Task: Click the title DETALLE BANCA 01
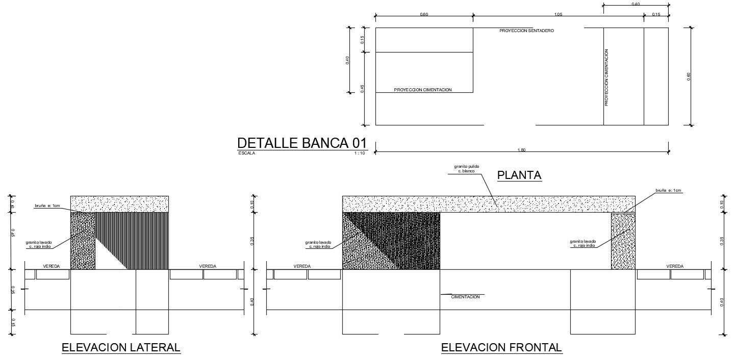(x=302, y=143)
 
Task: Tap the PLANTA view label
(x=519, y=175)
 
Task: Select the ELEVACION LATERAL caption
(x=121, y=348)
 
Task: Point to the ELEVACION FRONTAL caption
(x=501, y=348)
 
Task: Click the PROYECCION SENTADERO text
(x=526, y=31)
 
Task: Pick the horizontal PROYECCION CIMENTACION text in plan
(x=423, y=90)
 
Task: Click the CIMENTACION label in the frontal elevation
(x=465, y=297)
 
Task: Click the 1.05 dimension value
(x=557, y=15)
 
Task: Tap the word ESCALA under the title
(x=246, y=153)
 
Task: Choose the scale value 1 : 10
(x=360, y=153)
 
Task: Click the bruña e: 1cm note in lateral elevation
(x=47, y=205)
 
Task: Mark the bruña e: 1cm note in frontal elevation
(x=668, y=190)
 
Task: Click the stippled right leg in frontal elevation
(x=623, y=241)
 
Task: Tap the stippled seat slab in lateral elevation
(x=119, y=203)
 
